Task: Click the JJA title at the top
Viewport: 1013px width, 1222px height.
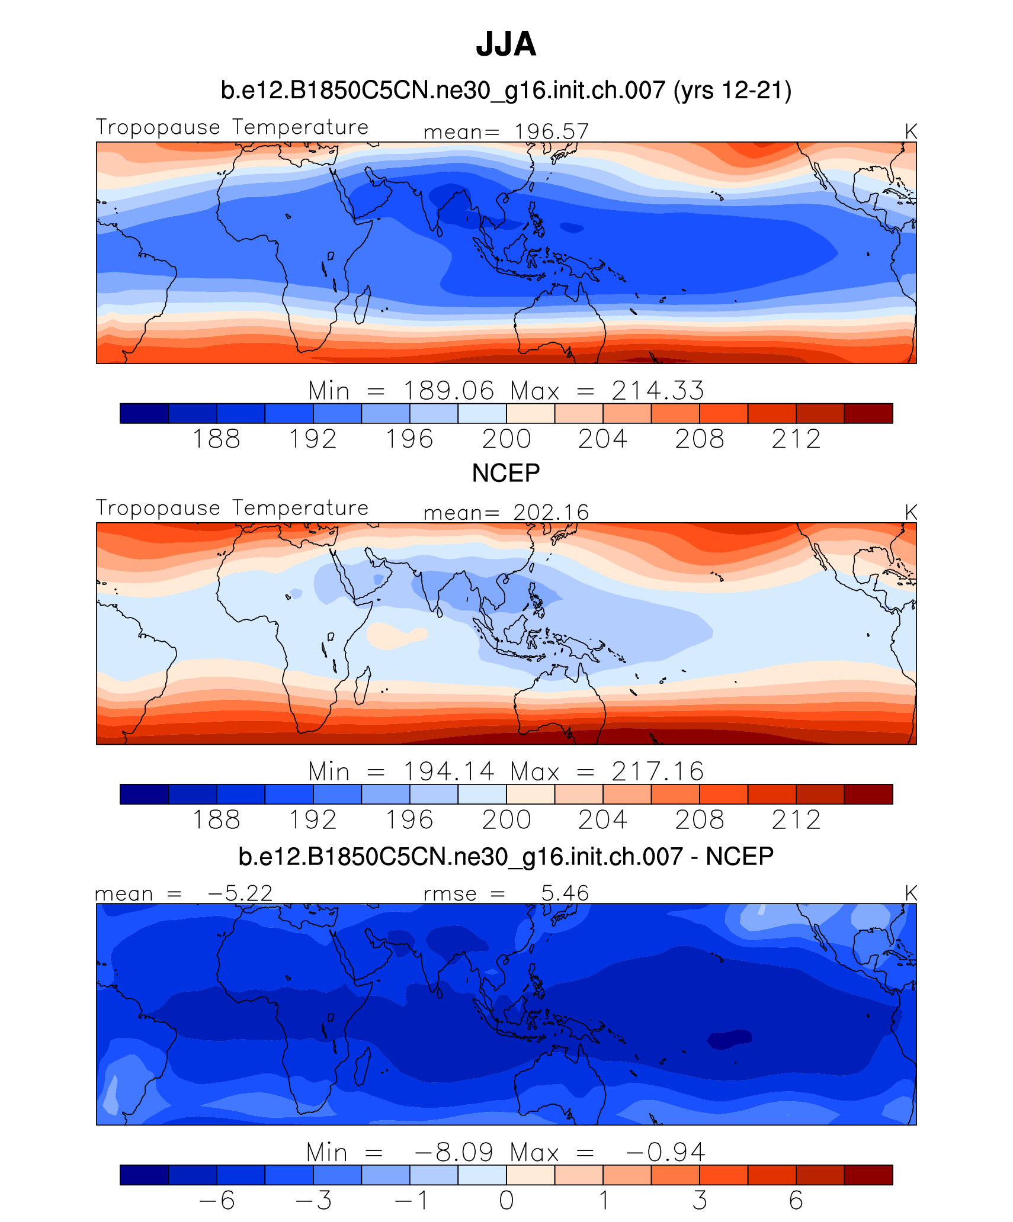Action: pos(506,44)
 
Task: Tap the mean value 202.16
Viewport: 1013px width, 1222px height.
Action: pos(551,512)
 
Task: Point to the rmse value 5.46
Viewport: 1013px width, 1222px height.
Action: pos(565,893)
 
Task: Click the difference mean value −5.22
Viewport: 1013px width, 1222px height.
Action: pos(240,893)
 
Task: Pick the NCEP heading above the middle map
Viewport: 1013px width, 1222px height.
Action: pos(506,473)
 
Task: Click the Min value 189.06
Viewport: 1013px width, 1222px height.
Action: pos(448,391)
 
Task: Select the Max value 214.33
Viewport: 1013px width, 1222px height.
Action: pos(658,391)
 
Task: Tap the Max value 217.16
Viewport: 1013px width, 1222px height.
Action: pos(658,771)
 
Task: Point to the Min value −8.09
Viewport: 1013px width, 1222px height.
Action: pos(453,1152)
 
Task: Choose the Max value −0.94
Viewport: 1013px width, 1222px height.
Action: pos(665,1152)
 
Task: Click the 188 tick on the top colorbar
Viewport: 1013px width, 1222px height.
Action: pos(216,439)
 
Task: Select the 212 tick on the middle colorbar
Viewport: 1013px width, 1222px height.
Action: pos(796,820)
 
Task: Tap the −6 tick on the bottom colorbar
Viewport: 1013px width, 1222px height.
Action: pos(216,1201)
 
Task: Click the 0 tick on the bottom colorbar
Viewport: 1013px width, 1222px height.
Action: pos(506,1201)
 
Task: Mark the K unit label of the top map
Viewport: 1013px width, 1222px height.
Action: pos(911,131)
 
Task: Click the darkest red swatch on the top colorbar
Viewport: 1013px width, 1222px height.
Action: pos(868,413)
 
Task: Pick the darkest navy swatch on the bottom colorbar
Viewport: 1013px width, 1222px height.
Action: pos(144,1175)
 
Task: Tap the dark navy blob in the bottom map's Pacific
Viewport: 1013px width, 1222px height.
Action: pos(730,1039)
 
